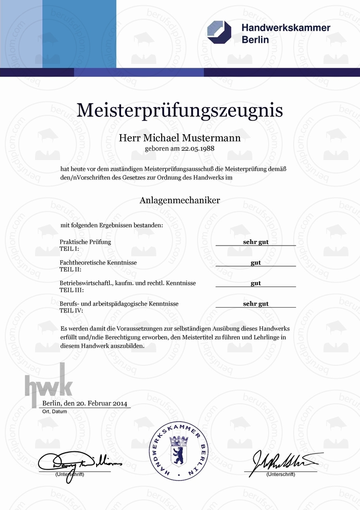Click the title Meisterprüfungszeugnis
point(180,110)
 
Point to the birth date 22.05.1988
point(198,149)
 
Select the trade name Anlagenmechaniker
point(180,200)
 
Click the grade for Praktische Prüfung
point(256,242)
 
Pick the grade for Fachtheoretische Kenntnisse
point(256,262)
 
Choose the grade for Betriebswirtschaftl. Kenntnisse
point(256,283)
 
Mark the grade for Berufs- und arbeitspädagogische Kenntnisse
point(256,304)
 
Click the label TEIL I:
point(69,249)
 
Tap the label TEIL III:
point(72,290)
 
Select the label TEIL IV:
point(72,311)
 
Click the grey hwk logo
point(49,380)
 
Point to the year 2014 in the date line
point(120,404)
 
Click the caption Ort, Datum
point(53,412)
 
